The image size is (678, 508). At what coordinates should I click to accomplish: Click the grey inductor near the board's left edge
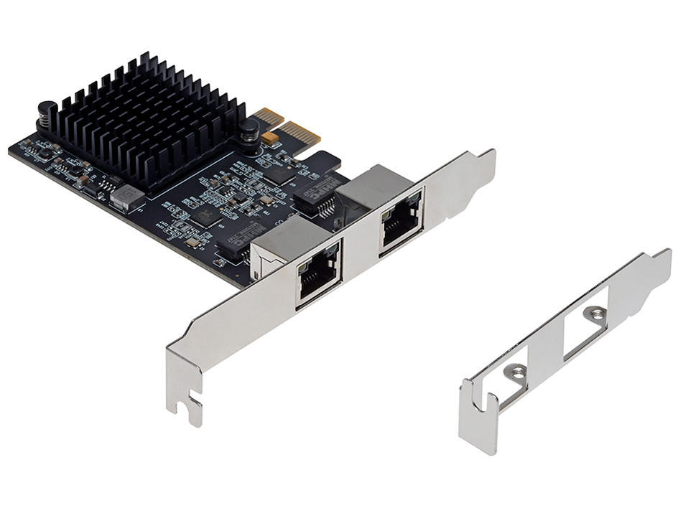[126, 197]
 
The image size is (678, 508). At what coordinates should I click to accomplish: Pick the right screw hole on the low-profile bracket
[595, 313]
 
